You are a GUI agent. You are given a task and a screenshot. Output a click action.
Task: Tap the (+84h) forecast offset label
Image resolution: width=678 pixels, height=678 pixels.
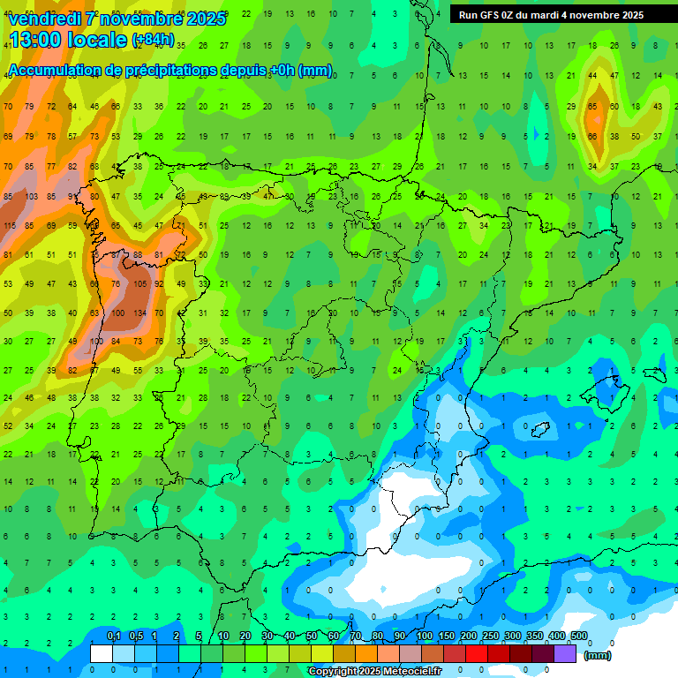click(153, 40)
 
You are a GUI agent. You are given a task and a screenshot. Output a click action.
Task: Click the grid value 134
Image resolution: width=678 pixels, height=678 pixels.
click(139, 313)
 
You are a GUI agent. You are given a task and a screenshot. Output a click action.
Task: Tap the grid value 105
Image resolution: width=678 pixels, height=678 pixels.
click(139, 283)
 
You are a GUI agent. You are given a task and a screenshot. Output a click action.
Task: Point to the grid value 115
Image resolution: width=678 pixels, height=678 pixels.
click(10, 226)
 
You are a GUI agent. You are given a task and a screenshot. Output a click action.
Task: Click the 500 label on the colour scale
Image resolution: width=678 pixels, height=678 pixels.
click(579, 636)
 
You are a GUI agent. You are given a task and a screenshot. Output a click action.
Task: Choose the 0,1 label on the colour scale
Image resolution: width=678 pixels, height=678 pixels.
click(113, 636)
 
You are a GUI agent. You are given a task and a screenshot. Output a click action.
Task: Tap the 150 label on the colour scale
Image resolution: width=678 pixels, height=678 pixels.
click(447, 636)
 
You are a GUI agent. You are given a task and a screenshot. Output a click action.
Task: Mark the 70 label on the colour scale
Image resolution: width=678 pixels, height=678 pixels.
click(356, 636)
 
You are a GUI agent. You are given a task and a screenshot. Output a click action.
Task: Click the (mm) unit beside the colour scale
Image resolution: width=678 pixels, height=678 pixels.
click(598, 655)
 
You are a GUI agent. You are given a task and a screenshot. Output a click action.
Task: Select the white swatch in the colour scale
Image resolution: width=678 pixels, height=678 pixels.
click(102, 653)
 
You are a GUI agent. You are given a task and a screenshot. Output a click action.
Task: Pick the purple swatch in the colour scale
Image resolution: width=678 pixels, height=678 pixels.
click(565, 653)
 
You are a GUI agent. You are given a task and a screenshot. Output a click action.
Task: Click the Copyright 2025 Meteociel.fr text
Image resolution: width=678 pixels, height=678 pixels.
click(374, 672)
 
